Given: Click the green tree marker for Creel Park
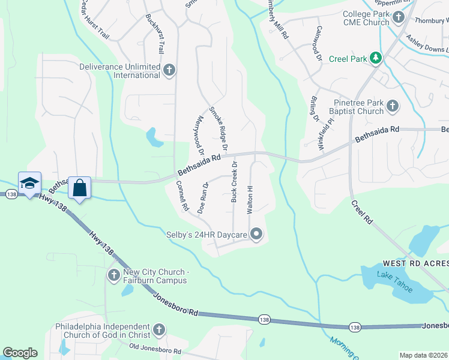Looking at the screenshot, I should coord(376,58).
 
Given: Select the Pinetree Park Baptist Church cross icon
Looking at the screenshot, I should coord(393,106).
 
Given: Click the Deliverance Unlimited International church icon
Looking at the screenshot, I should coord(169,70).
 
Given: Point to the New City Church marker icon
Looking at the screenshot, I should coord(113,275).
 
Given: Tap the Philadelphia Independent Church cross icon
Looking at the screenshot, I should coord(158,329).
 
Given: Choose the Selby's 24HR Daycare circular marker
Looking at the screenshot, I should coord(257,234).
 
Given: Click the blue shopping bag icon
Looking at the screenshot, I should coord(79,188).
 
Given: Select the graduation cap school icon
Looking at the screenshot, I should coord(29,184).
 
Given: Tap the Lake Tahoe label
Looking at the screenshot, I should coord(394,282).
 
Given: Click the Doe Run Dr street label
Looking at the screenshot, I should coord(203,197).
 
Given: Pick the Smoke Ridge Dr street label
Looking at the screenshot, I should coord(218,128).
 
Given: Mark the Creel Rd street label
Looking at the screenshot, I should coord(362,212).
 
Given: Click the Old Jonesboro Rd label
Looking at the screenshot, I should coord(156,349).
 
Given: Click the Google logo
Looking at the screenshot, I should coord(20,352).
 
